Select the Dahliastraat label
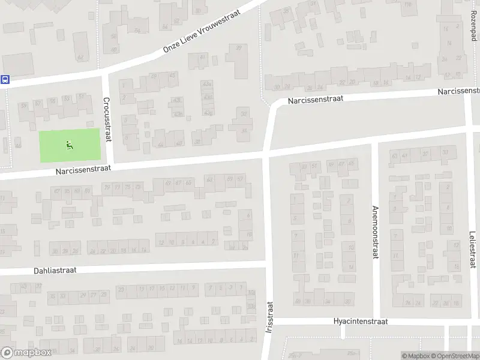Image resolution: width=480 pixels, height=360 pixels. coord(56,271)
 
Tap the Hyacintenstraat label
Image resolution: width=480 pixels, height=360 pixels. coord(361,322)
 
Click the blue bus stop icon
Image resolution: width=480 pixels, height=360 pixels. coord(5,79)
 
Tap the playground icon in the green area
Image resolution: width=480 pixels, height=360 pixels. coord(70,144)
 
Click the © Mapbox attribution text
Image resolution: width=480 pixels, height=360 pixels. coord(416,356)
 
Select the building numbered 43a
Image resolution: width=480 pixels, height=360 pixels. coord(207,84)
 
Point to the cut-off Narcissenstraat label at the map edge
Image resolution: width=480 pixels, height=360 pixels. coord(459,91)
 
